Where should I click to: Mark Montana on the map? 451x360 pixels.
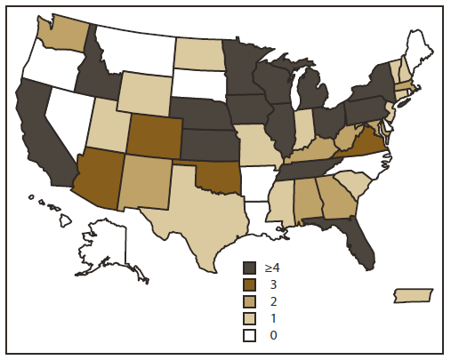[133, 49]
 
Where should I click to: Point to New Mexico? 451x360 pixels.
[145, 183]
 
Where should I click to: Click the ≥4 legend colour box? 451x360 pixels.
[251, 267]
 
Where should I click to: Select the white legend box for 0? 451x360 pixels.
[251, 335]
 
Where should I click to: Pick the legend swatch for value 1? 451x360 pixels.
[251, 318]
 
